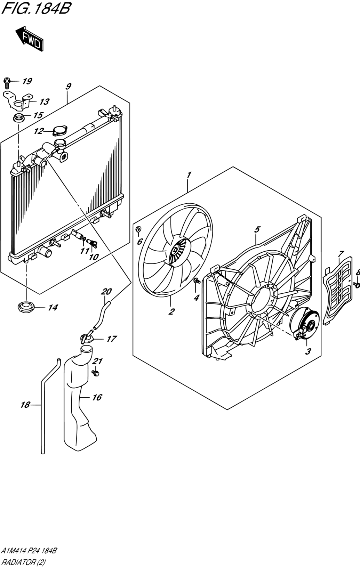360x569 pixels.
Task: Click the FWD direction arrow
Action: pos(30,39)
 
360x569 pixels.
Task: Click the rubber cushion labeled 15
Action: pos(19,118)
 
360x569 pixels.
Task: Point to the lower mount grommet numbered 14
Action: pos(26,307)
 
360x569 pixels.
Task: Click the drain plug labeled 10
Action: pos(92,243)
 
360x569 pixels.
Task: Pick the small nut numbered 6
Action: pos(138,229)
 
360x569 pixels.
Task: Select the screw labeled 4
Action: pos(197,281)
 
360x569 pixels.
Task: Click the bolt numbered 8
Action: pos(357,285)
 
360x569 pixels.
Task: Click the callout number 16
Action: pos(97,397)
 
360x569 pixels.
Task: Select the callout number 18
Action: pos(25,405)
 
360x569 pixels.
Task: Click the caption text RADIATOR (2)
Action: pos(23,562)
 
